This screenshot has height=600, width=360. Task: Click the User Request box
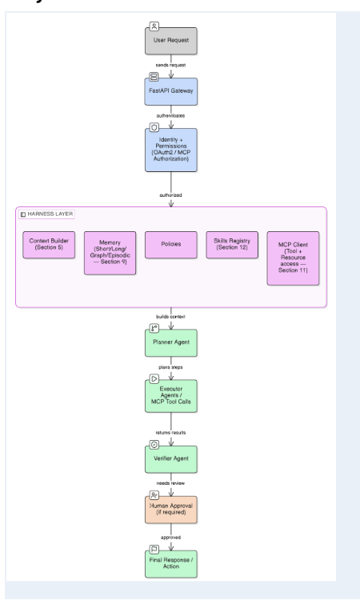(171, 41)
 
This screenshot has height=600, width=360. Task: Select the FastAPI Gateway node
(171, 92)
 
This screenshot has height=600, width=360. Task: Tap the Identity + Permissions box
(171, 150)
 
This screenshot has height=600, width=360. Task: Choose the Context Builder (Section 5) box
(49, 245)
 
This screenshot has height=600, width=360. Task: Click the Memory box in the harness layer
(110, 253)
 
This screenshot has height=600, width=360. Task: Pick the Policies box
(171, 245)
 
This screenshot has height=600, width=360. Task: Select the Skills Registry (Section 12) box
(232, 245)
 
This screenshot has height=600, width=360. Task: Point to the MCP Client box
(293, 258)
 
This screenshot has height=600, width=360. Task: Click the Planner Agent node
(171, 343)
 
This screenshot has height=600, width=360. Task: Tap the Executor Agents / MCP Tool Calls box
(171, 396)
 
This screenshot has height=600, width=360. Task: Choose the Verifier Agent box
(171, 459)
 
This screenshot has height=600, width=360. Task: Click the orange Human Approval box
(171, 510)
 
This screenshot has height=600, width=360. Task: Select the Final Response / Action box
(171, 564)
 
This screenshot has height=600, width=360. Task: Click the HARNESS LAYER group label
(46, 214)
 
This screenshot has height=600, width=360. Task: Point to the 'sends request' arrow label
(170, 65)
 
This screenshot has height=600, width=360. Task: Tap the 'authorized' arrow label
(170, 195)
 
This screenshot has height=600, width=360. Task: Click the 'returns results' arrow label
(170, 432)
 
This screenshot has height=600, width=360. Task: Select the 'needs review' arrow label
(170, 483)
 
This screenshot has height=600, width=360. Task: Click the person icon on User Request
(154, 26)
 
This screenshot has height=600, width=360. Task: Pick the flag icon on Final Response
(154, 550)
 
